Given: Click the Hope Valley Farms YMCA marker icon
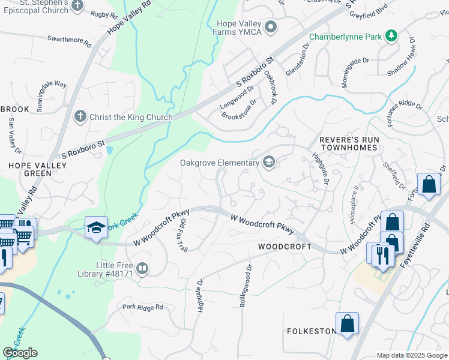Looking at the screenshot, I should pyautogui.click(x=271, y=26).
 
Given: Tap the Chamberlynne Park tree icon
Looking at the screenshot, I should pyautogui.click(x=391, y=37).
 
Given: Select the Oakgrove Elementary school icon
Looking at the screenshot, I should pyautogui.click(x=269, y=162).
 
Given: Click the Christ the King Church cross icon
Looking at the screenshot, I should pyautogui.click(x=80, y=116).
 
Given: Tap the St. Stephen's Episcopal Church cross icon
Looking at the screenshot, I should pyautogui.click(x=77, y=6).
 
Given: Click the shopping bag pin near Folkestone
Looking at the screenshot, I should pyautogui.click(x=348, y=324).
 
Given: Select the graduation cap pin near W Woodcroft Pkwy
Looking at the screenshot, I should pyautogui.click(x=96, y=227).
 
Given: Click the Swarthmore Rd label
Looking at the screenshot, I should pyautogui.click(x=69, y=40).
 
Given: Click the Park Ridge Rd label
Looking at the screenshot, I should pyautogui.click(x=142, y=307).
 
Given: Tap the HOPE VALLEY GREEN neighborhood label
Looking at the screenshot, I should pyautogui.click(x=29, y=169).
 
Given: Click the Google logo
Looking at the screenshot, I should pyautogui.click(x=20, y=353).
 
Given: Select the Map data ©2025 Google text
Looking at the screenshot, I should pyautogui.click(x=412, y=355).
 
